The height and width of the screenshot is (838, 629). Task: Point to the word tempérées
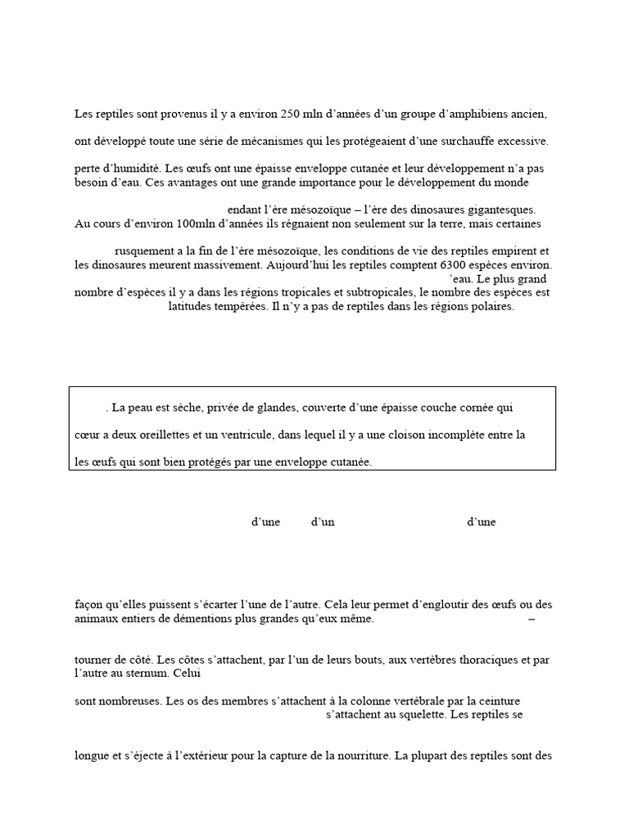[x=233, y=307]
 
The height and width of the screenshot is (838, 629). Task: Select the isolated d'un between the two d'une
[x=323, y=522]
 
